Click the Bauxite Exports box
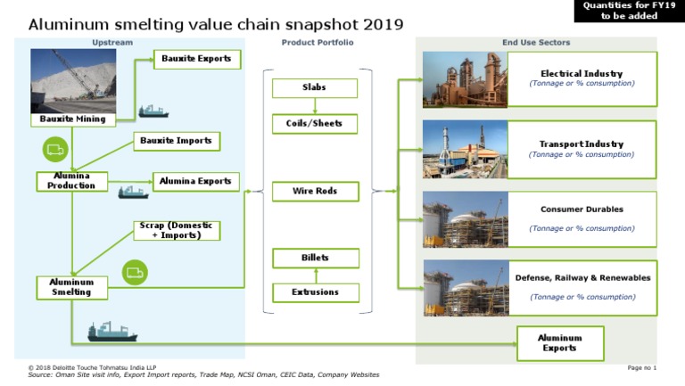196,60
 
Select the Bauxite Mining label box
73,119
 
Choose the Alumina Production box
71,181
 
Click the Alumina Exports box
195,181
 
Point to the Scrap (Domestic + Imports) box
177,230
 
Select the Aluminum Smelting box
71,287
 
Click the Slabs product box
315,88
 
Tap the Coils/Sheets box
315,123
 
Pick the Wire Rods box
314,191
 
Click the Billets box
315,259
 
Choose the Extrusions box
315,292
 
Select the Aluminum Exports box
560,343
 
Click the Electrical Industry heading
582,73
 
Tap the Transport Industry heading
582,144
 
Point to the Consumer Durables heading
582,209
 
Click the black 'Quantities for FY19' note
629,11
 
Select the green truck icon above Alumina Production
55,148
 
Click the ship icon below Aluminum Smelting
111,333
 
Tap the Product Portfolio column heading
318,43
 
